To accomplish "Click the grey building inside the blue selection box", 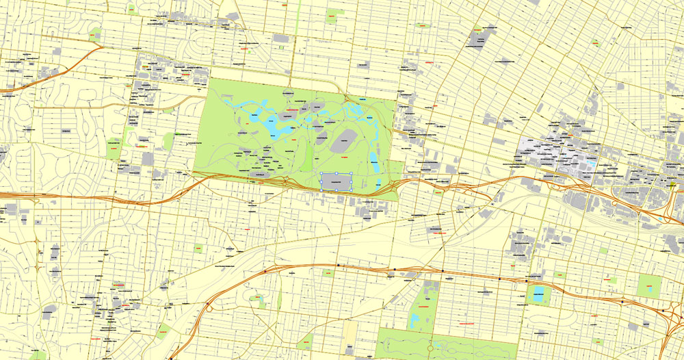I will click(x=336, y=181).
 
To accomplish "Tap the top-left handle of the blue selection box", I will click(x=321, y=173).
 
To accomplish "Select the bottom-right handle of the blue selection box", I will click(x=352, y=190).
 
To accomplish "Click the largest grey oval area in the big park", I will click(x=343, y=140).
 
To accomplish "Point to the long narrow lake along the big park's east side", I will click(x=375, y=162).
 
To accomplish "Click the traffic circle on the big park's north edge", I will click(x=288, y=92).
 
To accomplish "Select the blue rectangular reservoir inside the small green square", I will click(x=538, y=295).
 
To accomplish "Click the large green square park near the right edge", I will click(x=648, y=285).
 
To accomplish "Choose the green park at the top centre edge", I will click(x=334, y=15).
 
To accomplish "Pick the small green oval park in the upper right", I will click(x=596, y=42).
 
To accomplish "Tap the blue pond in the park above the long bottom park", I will click(x=415, y=319).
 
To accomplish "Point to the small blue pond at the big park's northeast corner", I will click(x=362, y=101).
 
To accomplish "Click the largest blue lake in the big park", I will click(x=278, y=127).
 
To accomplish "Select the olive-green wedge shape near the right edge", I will click(x=673, y=184).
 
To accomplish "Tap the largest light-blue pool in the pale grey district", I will click(x=547, y=144).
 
